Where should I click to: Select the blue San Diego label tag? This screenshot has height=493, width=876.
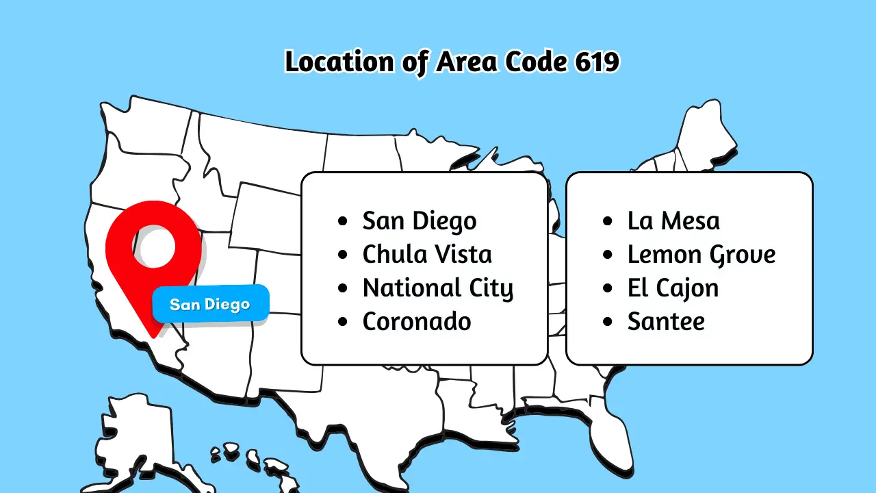pyautogui.click(x=210, y=304)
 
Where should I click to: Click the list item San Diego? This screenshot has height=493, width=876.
pyautogui.click(x=419, y=221)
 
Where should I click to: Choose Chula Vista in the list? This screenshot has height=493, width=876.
pyautogui.click(x=426, y=255)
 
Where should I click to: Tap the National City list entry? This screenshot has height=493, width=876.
pyautogui.click(x=437, y=288)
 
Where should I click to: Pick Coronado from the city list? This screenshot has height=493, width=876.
pyautogui.click(x=416, y=322)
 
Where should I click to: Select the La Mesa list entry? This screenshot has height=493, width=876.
pyautogui.click(x=673, y=221)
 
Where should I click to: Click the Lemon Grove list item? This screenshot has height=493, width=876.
pyautogui.click(x=701, y=255)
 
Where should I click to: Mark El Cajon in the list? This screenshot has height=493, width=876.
pyautogui.click(x=673, y=288)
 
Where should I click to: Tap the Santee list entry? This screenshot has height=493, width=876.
pyautogui.click(x=665, y=322)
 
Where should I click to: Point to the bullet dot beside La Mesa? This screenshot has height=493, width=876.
pyautogui.click(x=608, y=222)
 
